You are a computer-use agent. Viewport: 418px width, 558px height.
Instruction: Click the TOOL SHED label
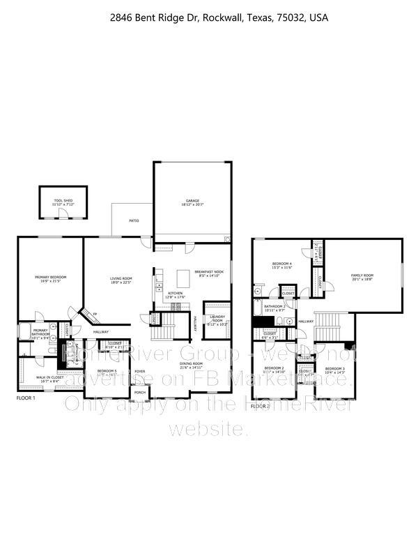63,200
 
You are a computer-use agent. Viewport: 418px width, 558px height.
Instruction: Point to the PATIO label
133,220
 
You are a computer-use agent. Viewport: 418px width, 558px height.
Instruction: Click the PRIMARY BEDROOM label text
51,277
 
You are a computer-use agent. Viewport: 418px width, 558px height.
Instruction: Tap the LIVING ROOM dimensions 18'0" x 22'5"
121,282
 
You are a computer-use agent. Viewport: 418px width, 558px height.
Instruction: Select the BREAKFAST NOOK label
208,271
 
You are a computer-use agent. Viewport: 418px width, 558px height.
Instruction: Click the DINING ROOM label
191,364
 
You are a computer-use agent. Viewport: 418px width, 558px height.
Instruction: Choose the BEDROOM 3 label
334,368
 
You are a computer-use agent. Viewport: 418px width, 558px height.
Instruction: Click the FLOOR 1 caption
26,397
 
